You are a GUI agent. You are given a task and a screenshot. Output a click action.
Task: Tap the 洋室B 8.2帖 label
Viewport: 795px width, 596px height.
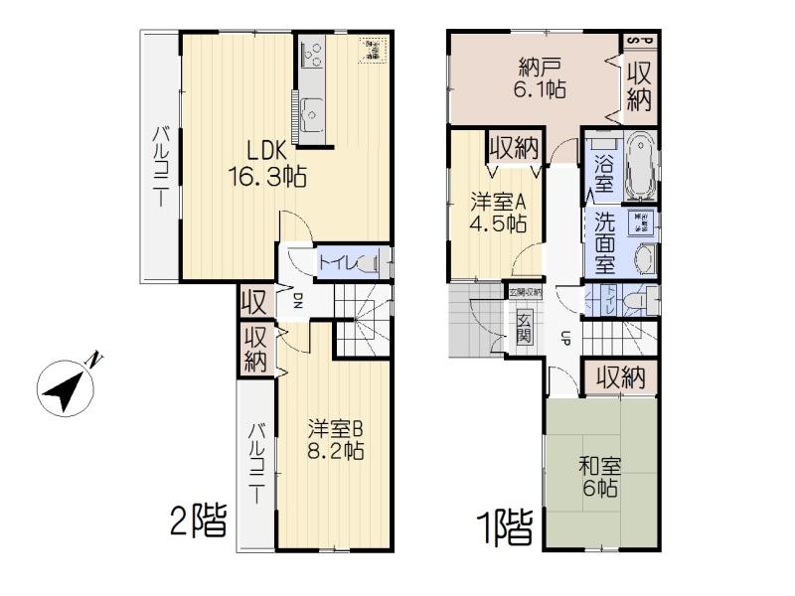pyautogui.click(x=334, y=439)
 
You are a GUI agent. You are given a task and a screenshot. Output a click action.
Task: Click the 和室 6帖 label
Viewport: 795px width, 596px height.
pyautogui.click(x=601, y=476)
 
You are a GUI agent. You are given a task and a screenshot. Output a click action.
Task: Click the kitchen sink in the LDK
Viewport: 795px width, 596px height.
pyautogui.click(x=312, y=111)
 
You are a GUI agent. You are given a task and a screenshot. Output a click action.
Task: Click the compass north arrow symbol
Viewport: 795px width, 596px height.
pyautogui.click(x=66, y=387)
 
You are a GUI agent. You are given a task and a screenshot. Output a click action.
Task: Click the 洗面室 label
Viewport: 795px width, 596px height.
pyautogui.click(x=603, y=243)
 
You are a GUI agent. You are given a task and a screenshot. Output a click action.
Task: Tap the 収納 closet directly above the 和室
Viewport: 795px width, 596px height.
pyautogui.click(x=620, y=377)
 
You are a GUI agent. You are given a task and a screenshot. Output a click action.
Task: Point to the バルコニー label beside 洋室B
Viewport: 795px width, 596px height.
pyautogui.click(x=256, y=463)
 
